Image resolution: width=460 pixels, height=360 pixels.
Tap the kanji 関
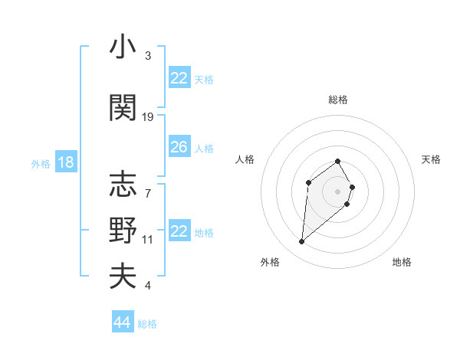pyautogui.click(x=123, y=107)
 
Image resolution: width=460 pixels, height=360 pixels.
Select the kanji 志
pyautogui.click(x=123, y=184)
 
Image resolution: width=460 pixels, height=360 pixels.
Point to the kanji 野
pyautogui.click(x=123, y=230)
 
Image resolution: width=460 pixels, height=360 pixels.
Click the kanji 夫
pyautogui.click(x=123, y=276)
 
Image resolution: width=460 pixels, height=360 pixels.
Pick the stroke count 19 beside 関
pyautogui.click(x=149, y=117)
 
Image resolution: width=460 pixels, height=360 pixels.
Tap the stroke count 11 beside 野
pyautogui.click(x=148, y=240)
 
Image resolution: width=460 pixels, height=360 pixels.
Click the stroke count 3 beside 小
pyautogui.click(x=148, y=56)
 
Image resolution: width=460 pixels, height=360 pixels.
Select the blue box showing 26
pyautogui.click(x=179, y=147)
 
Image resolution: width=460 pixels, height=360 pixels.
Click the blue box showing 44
pyautogui.click(x=122, y=322)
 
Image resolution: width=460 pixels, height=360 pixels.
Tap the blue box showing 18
pyautogui.click(x=64, y=162)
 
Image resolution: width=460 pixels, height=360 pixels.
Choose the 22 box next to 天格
pyautogui.click(x=179, y=78)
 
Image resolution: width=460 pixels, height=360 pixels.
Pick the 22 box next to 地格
pyautogui.click(x=179, y=231)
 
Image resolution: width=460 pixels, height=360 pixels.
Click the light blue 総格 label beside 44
pyautogui.click(x=147, y=324)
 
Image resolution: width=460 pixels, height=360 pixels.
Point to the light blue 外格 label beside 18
pyautogui.click(x=40, y=164)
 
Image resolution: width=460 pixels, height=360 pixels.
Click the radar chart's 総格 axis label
pyautogui.click(x=338, y=100)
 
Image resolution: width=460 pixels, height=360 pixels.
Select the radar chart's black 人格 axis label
pyautogui.click(x=245, y=159)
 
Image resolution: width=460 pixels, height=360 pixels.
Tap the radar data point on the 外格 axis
pyautogui.click(x=302, y=242)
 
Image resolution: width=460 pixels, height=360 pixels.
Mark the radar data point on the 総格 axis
pyautogui.click(x=338, y=161)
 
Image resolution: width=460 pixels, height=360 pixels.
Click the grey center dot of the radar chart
pyautogui.click(x=338, y=191)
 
